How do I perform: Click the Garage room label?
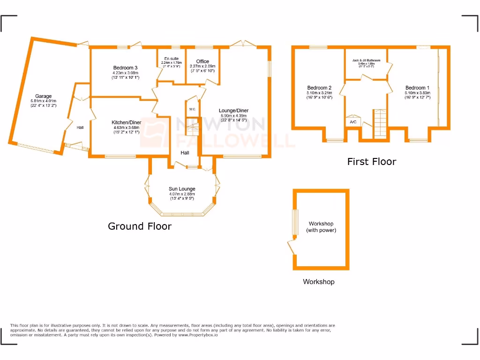pos(43,97)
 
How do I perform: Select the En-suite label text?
pos(171,59)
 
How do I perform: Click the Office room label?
pos(202,61)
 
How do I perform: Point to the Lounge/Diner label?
pos(233,111)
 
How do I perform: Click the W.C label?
pos(192,109)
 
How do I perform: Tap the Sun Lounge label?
pos(182,189)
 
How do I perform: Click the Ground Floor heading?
pos(140,226)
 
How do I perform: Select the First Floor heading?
pos(371,162)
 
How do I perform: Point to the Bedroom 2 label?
pos(319,88)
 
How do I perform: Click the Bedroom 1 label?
pos(417,88)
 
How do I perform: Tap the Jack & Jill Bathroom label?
pos(366,60)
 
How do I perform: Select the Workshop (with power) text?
pos(321,227)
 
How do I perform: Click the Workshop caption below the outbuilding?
pos(318,282)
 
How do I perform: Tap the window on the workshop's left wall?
pos(295,222)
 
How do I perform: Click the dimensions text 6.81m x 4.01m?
pos(43,101)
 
